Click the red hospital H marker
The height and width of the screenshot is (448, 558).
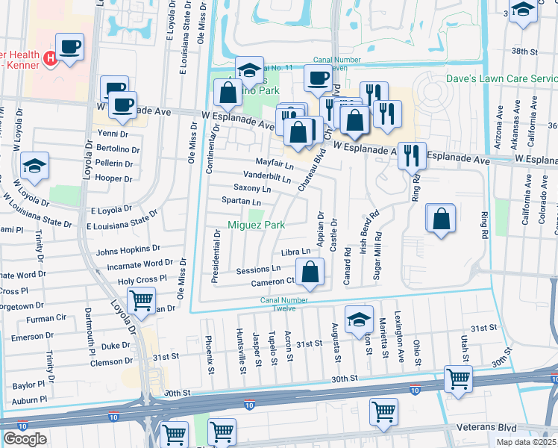click(x=50, y=57)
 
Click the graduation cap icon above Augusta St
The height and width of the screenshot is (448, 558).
click(x=359, y=318)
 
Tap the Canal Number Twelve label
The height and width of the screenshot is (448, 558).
click(x=294, y=305)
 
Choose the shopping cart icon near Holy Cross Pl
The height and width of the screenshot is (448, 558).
click(x=141, y=301)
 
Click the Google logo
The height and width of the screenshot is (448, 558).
click(x=25, y=439)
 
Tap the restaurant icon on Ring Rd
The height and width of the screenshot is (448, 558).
click(x=412, y=155)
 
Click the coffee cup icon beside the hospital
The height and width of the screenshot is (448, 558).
click(x=69, y=47)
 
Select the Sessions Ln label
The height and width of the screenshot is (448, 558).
click(x=258, y=269)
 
